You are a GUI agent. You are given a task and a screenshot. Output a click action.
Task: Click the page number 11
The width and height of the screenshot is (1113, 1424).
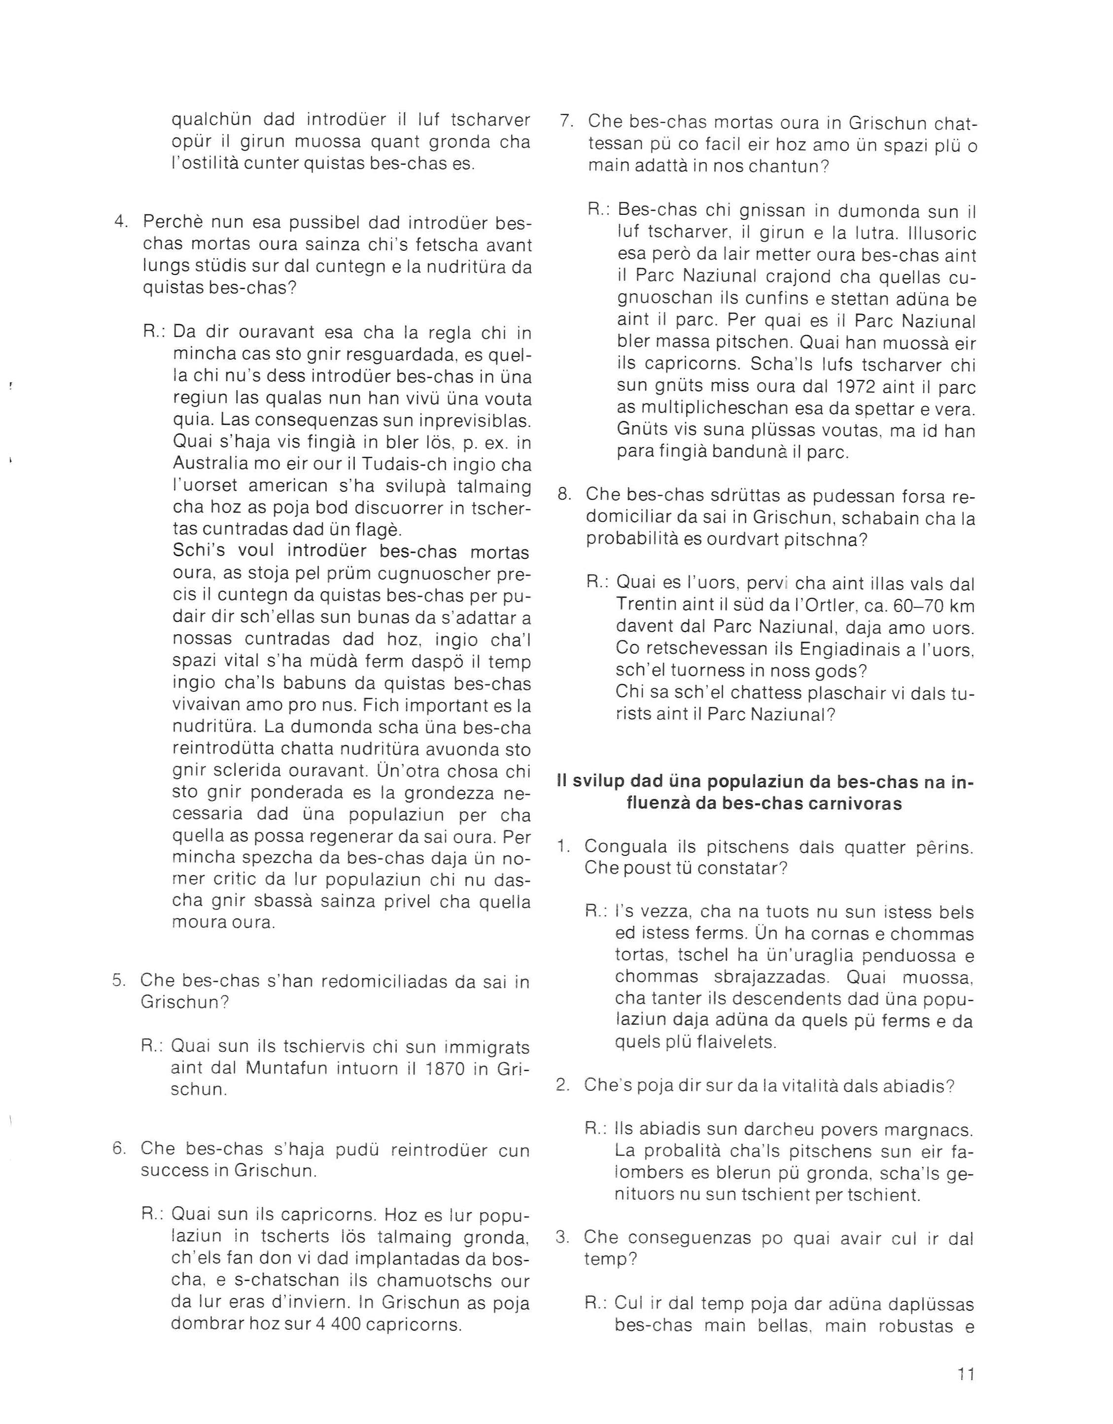[x=966, y=1374]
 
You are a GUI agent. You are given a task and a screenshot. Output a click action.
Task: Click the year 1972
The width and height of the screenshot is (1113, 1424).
[x=849, y=387]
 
